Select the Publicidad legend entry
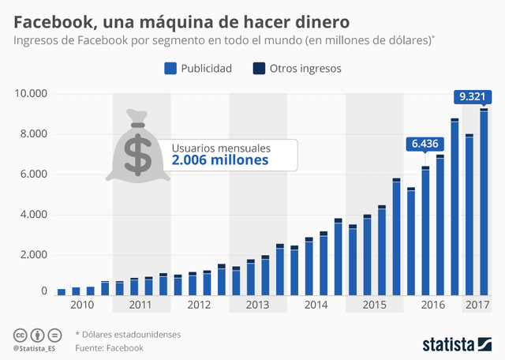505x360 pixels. click(x=198, y=69)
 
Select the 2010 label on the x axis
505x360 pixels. click(x=82, y=305)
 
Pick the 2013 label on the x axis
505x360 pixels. click(x=256, y=305)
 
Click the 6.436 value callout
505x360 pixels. click(x=425, y=144)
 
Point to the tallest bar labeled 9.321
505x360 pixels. click(x=484, y=202)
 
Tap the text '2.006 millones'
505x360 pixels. click(x=220, y=160)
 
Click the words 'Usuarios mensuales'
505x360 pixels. click(x=221, y=147)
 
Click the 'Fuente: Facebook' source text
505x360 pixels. click(x=109, y=347)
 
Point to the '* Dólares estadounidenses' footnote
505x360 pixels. click(x=128, y=334)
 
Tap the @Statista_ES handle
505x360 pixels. click(x=34, y=348)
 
